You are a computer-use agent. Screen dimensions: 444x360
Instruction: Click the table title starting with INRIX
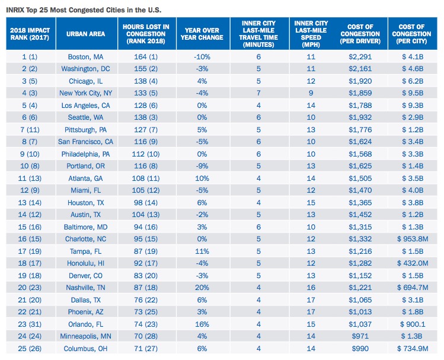tap(84, 10)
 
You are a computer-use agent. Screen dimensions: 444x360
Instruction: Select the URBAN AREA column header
tap(85, 34)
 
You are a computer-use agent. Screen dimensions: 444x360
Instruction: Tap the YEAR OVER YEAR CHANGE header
tap(202, 34)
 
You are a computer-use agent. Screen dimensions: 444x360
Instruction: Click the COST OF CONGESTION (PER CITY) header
tap(411, 34)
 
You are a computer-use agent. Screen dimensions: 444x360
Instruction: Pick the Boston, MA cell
tap(85, 57)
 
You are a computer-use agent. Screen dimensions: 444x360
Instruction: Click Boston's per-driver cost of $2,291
tap(360, 57)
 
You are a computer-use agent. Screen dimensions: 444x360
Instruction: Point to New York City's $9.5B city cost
tap(413, 93)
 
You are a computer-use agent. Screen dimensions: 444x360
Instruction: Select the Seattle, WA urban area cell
tap(85, 117)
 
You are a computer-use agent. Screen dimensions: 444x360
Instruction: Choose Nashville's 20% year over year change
tap(202, 288)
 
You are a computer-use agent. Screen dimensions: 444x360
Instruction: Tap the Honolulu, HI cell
tap(85, 263)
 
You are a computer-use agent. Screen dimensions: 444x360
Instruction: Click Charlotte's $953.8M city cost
tap(413, 239)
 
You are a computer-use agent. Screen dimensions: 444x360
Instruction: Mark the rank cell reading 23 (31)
tap(30, 324)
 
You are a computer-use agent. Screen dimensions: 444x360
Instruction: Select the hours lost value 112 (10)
tap(146, 154)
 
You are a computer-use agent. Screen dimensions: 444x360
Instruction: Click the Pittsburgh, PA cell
tap(85, 130)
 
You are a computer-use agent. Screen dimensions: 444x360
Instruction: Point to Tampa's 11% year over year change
tap(202, 251)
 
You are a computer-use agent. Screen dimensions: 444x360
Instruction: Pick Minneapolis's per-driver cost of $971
tap(360, 336)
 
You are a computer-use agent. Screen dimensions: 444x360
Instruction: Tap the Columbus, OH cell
tap(85, 349)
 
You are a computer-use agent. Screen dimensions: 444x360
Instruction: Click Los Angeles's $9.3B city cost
tap(413, 106)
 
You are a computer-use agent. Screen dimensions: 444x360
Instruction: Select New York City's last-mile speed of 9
tap(311, 93)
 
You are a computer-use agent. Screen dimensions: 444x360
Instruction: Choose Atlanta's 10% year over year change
tap(202, 179)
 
